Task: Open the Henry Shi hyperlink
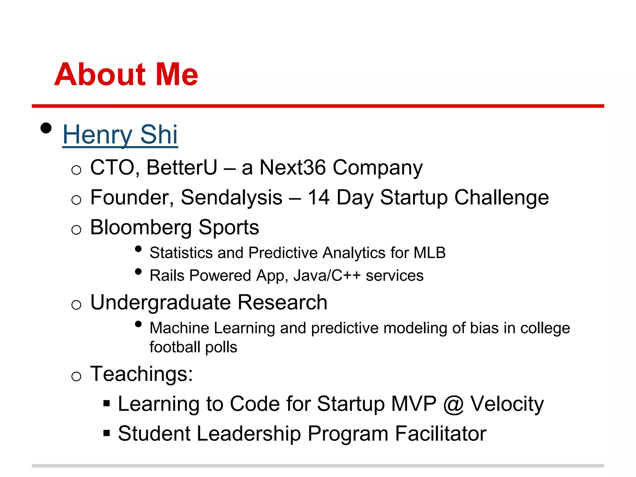(x=120, y=134)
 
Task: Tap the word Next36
(x=292, y=167)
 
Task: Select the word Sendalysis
(x=231, y=198)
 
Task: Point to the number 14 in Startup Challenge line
(x=318, y=198)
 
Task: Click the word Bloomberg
(x=141, y=227)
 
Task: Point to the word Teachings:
(x=141, y=374)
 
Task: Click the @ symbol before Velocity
(x=453, y=404)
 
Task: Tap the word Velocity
(x=507, y=404)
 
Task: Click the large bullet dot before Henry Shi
(x=46, y=128)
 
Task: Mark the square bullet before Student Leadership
(x=107, y=433)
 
